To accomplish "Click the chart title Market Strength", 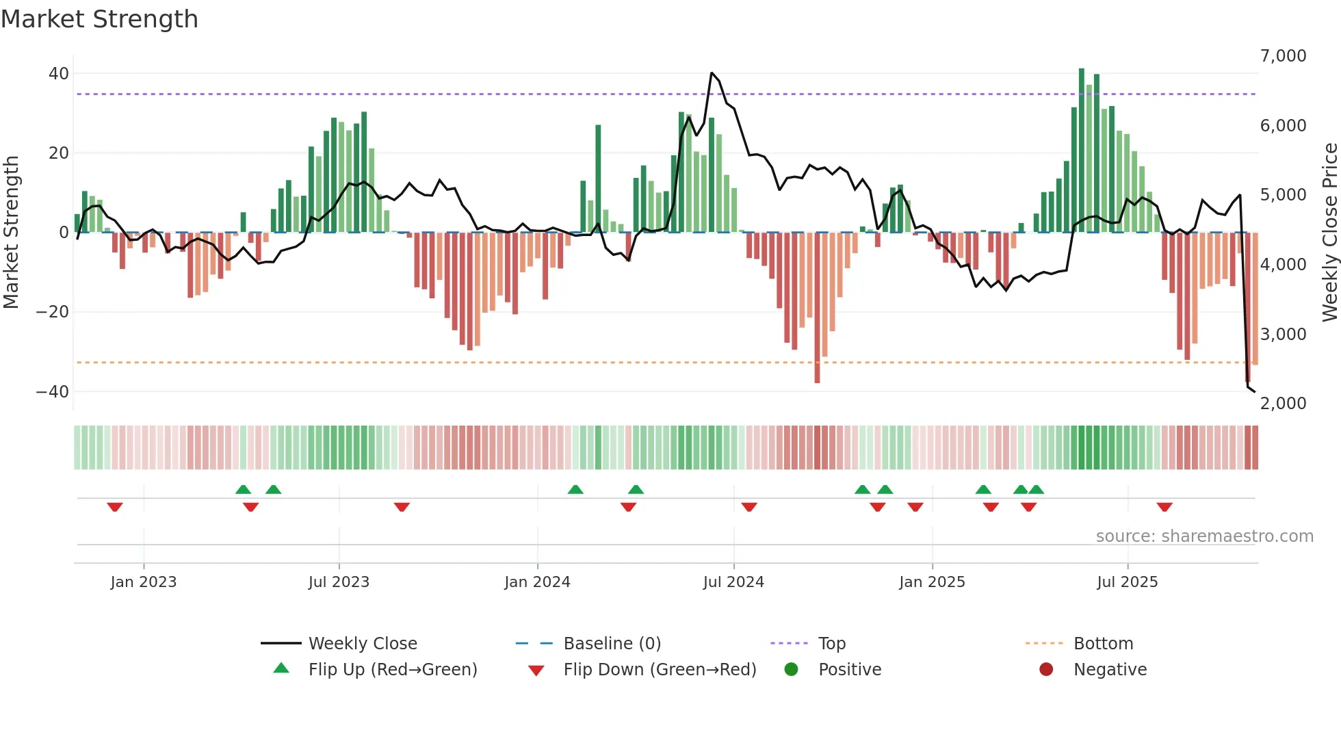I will (x=99, y=19).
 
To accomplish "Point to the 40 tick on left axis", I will (x=59, y=73).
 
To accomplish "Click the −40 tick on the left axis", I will (x=53, y=392).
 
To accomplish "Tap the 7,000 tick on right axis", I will (x=1283, y=56).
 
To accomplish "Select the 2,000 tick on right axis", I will (x=1283, y=404).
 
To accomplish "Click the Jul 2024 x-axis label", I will (x=733, y=582).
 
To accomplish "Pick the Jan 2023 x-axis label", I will (x=144, y=582).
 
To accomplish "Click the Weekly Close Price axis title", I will (x=1329, y=233).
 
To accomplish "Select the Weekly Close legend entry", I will (x=362, y=644).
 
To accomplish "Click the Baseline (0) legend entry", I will (x=612, y=644).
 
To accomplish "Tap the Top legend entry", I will (x=832, y=644).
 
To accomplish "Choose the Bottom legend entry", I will (x=1103, y=644).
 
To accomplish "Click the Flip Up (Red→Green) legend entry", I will (x=392, y=670).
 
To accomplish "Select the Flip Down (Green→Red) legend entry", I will (x=660, y=670).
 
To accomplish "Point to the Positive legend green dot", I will (x=792, y=670).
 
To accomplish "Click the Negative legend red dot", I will (x=1046, y=670).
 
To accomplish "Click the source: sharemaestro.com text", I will (x=1204, y=536).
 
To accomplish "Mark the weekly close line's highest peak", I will (x=712, y=73).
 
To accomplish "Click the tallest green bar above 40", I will (x=1082, y=70).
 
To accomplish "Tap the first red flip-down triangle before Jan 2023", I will (x=115, y=507).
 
